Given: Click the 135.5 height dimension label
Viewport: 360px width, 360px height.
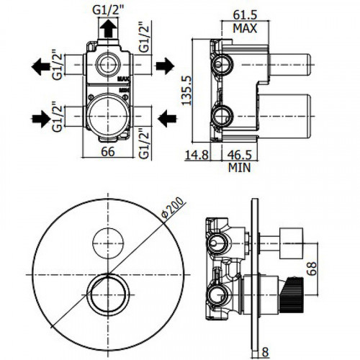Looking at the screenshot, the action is tap(186, 90).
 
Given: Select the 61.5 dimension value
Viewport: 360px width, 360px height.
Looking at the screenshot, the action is tap(245, 15).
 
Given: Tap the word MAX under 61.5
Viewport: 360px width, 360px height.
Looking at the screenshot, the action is tap(245, 28).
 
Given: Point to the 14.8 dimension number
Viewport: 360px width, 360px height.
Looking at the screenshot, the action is tap(197, 155).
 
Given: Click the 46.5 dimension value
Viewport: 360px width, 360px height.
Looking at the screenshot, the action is tap(239, 155).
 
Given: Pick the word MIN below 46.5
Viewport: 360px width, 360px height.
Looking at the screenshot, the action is tap(239, 168).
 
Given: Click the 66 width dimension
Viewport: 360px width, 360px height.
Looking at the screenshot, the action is tap(108, 152).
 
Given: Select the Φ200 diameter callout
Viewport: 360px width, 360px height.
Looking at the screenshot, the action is tap(174, 207).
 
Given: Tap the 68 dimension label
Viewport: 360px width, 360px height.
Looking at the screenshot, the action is tap(312, 269).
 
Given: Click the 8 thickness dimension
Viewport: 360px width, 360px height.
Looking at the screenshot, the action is tap(265, 352).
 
